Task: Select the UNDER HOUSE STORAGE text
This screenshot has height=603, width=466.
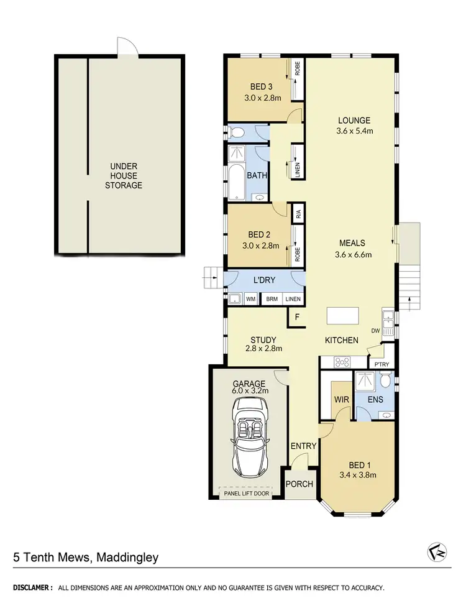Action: (x=123, y=176)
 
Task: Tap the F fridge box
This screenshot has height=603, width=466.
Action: (x=297, y=317)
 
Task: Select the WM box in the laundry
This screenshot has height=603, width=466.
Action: (x=251, y=299)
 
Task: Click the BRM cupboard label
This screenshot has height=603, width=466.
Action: (x=272, y=299)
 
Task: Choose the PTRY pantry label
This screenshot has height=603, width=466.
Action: (x=382, y=364)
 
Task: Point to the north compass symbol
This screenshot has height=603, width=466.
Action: (x=437, y=551)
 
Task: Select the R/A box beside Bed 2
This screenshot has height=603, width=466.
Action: (x=298, y=215)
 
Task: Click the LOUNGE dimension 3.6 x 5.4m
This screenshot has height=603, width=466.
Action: (x=354, y=131)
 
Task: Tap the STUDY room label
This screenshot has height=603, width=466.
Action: (x=263, y=339)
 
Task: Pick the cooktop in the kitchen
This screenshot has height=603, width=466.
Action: (x=342, y=361)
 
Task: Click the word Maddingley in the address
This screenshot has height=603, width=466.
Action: (x=127, y=557)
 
